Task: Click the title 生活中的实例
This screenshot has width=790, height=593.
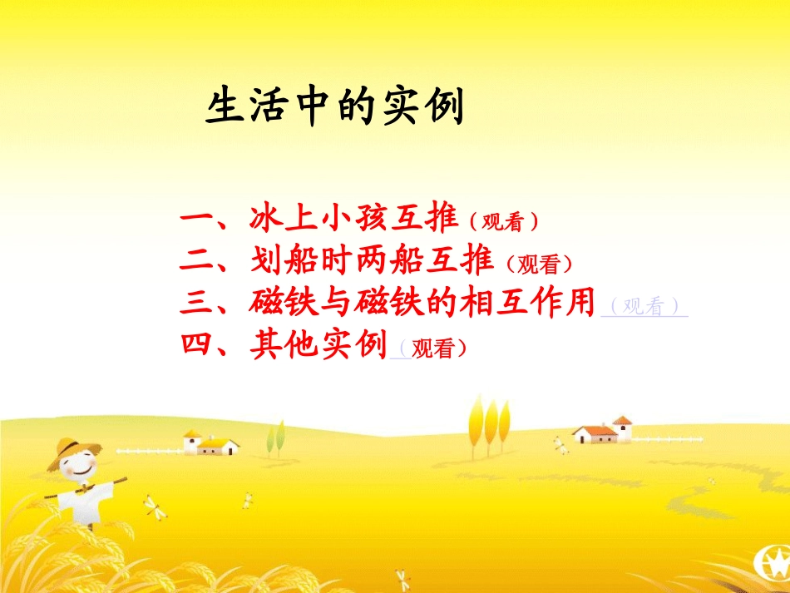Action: pyautogui.click(x=334, y=108)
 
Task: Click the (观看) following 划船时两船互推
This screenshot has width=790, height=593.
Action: pyautogui.click(x=540, y=264)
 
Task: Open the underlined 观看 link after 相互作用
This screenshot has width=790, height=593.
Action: pyautogui.click(x=644, y=307)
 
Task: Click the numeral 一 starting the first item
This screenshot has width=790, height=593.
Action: pyautogui.click(x=197, y=220)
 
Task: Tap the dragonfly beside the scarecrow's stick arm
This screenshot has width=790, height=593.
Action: pyautogui.click(x=152, y=505)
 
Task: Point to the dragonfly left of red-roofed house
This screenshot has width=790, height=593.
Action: pyautogui.click(x=560, y=445)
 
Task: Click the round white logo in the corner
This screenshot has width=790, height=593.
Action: pyautogui.click(x=770, y=568)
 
